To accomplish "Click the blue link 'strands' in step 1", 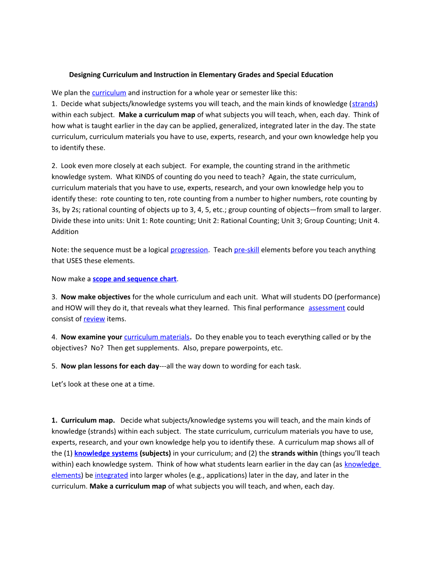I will click(363, 104).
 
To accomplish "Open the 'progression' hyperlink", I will click(189, 250).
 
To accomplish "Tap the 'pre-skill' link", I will click(246, 250).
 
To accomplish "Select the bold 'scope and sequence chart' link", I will click(134, 279).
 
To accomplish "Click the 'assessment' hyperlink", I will click(327, 308).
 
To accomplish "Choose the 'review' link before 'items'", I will click(94, 319).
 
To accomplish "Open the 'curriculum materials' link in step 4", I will click(157, 337).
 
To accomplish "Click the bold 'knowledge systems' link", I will click(106, 453).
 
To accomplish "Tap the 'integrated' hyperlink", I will click(111, 475).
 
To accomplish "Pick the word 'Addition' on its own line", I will click(65, 232).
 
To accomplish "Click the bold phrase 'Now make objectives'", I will click(96, 297).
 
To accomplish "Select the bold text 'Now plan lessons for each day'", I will click(110, 366).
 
